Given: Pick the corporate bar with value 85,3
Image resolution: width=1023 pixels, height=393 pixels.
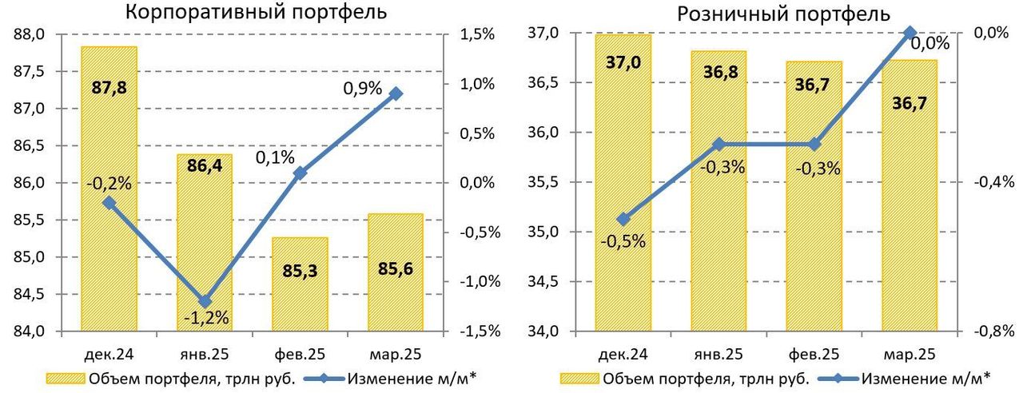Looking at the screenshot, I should pos(300,284).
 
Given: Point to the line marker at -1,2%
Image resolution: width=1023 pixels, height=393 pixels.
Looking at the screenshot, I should pos(205,301).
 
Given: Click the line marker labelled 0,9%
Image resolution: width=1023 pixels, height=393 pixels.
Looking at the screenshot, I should pos(396,93).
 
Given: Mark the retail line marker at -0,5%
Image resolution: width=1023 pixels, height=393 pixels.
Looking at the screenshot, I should pos(623,219).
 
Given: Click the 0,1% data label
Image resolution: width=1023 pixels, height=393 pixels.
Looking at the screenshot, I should pos(275,157).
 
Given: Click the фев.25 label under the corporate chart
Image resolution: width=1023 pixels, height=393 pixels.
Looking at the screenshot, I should pos(300,353).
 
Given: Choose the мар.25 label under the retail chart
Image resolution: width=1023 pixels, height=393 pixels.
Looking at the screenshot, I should pos(909,353).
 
